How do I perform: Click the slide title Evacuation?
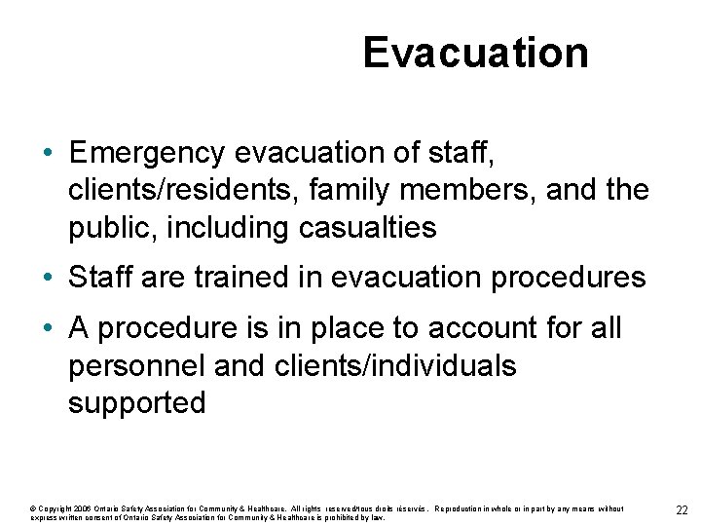pos(475,53)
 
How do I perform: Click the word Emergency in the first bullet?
pos(147,153)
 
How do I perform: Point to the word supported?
pos(137,402)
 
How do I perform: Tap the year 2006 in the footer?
pos(83,508)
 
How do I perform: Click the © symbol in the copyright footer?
pos(34,508)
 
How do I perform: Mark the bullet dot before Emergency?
pos(48,154)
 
